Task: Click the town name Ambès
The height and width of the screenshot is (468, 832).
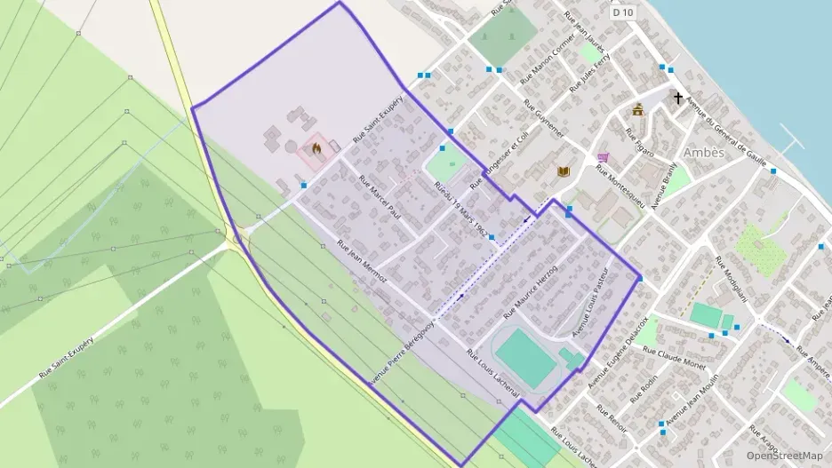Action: click(x=704, y=152)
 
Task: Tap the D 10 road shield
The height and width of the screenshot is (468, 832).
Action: click(x=623, y=12)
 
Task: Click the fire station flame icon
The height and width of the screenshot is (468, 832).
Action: click(x=314, y=149)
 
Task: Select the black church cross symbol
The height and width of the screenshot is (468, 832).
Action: click(x=678, y=98)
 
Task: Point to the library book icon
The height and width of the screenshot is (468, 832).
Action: click(x=562, y=171)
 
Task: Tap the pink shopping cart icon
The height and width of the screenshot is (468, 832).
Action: click(x=604, y=157)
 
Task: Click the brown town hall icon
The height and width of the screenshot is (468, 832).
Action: click(x=637, y=109)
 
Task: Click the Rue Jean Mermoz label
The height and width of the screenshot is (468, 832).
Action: click(x=362, y=265)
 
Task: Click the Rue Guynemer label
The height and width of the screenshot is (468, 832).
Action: click(x=543, y=117)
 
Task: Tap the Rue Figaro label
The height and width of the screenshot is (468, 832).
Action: click(x=639, y=142)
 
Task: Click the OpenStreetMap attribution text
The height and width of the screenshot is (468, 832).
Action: click(x=784, y=456)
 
